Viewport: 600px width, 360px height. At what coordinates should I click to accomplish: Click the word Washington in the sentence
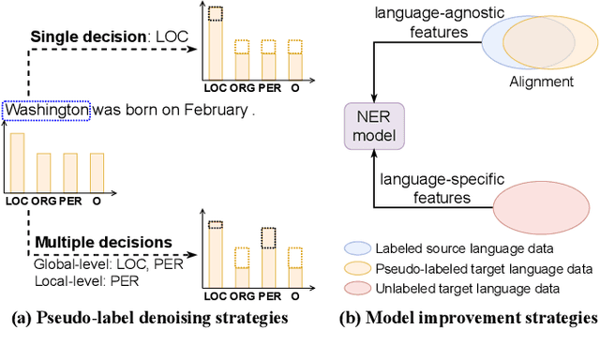(47, 110)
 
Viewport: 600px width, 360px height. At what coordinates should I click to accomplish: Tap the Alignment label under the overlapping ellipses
(542, 82)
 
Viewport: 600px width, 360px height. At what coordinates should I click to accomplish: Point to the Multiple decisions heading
(103, 243)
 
